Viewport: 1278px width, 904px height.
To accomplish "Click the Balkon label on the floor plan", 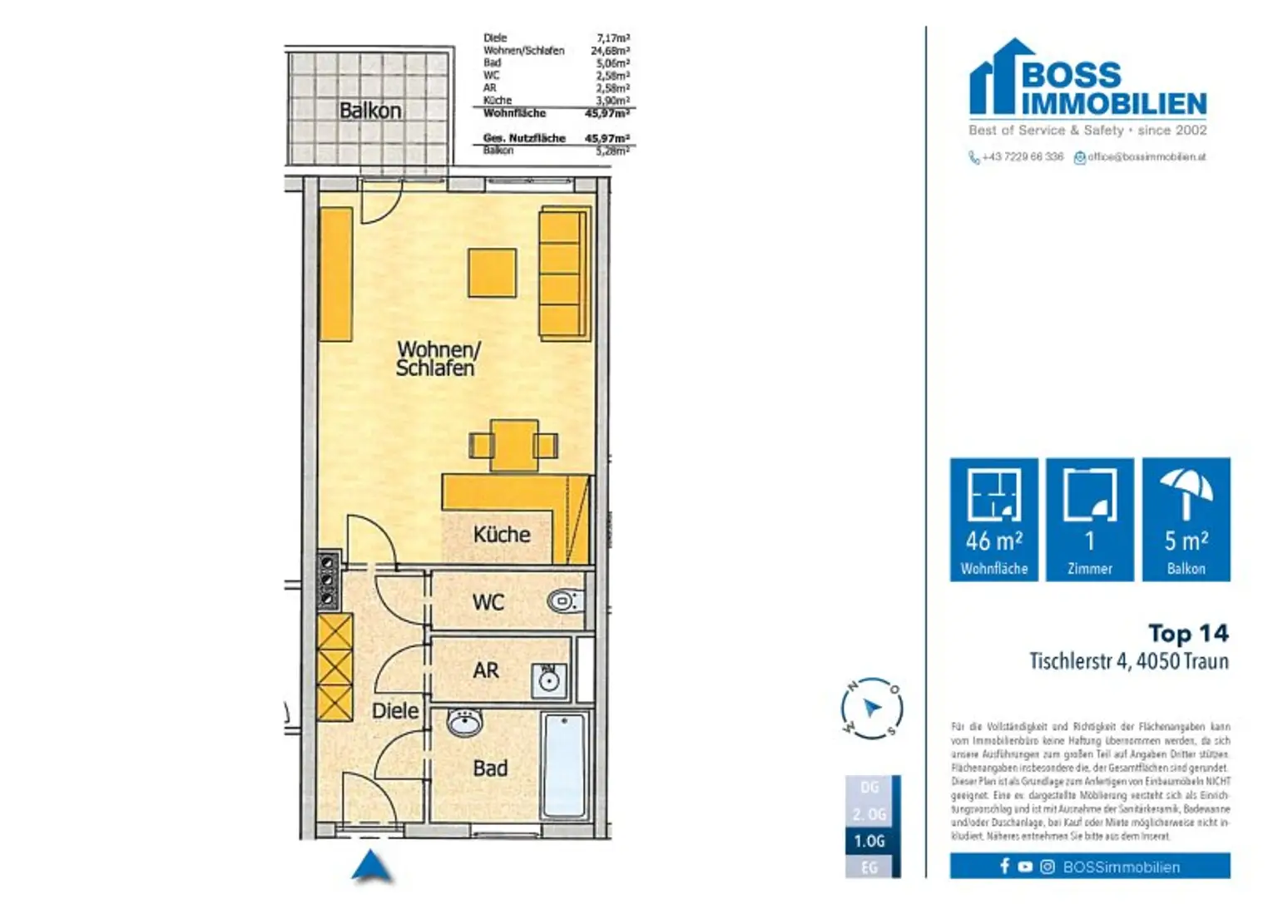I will pyautogui.click(x=370, y=111).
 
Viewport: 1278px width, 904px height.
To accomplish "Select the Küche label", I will pyautogui.click(x=501, y=534).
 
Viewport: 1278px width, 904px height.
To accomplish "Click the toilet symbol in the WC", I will pyautogui.click(x=565, y=600).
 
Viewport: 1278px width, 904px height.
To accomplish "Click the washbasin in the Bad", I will pyautogui.click(x=464, y=722).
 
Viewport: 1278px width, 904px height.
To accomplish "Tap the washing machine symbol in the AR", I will pyautogui.click(x=548, y=680).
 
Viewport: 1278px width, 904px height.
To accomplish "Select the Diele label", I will pyautogui.click(x=395, y=711).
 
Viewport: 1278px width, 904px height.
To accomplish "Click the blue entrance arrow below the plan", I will pyautogui.click(x=371, y=867).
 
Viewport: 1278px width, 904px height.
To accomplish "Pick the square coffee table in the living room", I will pyautogui.click(x=492, y=273).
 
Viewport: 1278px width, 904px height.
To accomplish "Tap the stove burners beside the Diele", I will pyautogui.click(x=328, y=580).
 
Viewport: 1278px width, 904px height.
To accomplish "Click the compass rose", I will pyautogui.click(x=871, y=709).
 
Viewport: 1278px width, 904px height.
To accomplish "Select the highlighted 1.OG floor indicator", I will pyautogui.click(x=869, y=841).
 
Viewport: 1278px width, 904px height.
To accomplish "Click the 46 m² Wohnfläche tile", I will pyautogui.click(x=993, y=519).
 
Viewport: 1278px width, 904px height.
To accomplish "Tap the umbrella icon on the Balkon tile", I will pyautogui.click(x=1186, y=493).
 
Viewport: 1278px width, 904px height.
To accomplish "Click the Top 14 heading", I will pyautogui.click(x=1187, y=634).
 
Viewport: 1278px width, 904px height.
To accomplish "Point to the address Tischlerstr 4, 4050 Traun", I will pyautogui.click(x=1128, y=661).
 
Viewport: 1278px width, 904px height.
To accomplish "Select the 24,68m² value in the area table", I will pyautogui.click(x=610, y=51).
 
